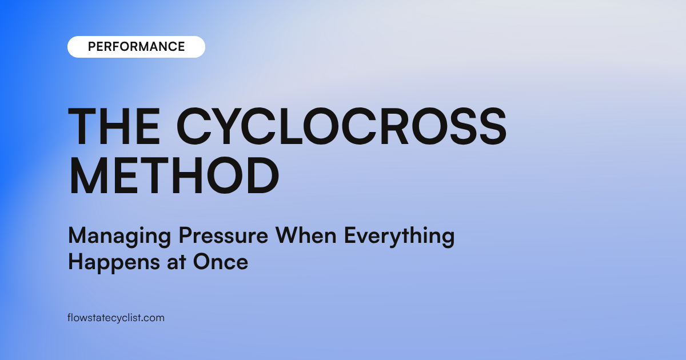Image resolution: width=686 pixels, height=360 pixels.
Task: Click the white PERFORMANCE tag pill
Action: tap(136, 47)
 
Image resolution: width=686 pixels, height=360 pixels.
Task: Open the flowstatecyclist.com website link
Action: tap(115, 318)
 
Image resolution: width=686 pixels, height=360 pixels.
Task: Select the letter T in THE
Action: tap(82, 127)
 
